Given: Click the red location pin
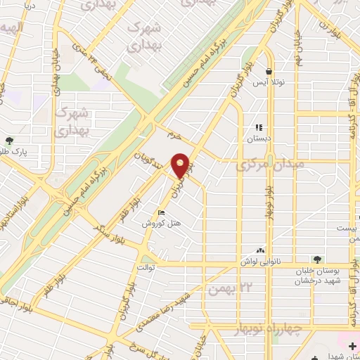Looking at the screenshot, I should [181, 165].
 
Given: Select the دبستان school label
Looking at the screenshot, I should [260, 139].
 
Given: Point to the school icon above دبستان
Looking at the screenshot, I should [259, 128].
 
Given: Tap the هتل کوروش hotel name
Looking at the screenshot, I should [159, 223].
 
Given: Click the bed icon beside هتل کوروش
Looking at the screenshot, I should [161, 213].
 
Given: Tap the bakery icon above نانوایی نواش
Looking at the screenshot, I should [261, 250].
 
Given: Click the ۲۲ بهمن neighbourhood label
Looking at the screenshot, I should [234, 285].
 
